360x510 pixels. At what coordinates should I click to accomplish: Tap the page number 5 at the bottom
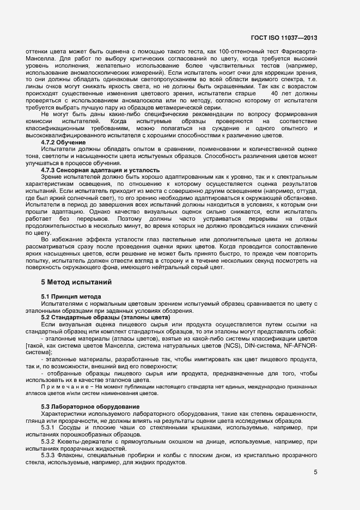pos(315,472)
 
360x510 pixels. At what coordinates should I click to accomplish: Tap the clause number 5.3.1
pos(50,427)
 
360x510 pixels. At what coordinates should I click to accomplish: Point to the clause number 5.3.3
pos(50,454)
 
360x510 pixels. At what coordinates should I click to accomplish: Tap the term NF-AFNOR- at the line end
pos(299,345)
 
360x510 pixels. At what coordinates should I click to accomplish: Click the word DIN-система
pos(270,345)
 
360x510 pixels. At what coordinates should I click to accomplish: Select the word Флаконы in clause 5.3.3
pos(75,454)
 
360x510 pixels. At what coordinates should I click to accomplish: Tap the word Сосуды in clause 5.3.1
pos(74,427)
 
